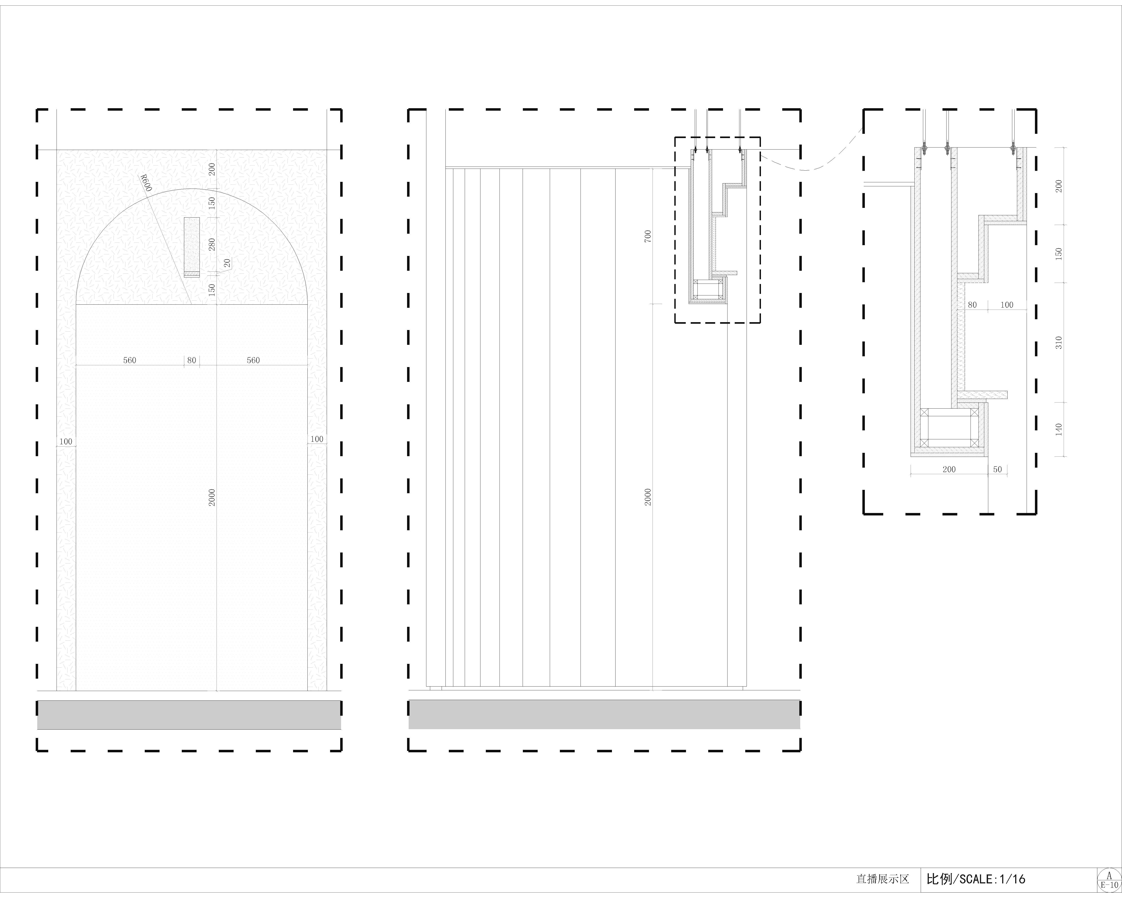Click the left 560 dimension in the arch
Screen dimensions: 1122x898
coord(129,360)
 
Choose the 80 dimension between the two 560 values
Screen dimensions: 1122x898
coord(191,360)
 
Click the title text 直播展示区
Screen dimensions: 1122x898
coord(883,879)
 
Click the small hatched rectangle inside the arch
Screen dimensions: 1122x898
coord(191,247)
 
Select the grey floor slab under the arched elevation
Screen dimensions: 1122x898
coord(189,715)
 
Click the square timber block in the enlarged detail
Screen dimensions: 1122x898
coord(949,427)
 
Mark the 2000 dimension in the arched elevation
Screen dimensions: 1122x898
coord(212,497)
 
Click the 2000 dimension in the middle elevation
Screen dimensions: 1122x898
coord(648,497)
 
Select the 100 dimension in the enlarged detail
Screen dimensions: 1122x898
coord(1007,305)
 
